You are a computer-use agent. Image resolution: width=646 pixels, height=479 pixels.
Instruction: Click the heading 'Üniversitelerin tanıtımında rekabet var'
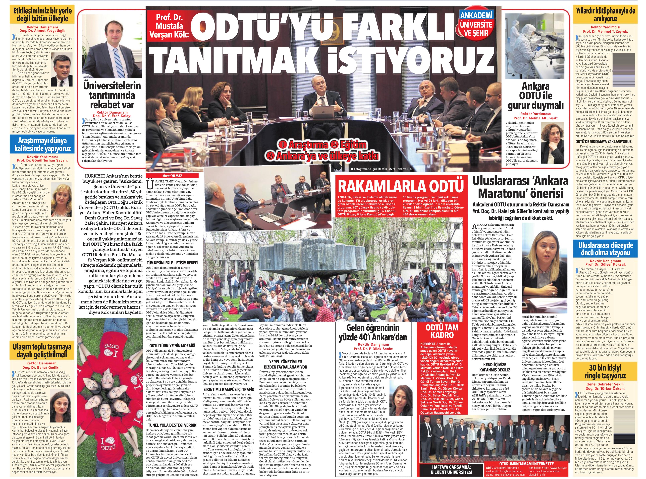[112, 95]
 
